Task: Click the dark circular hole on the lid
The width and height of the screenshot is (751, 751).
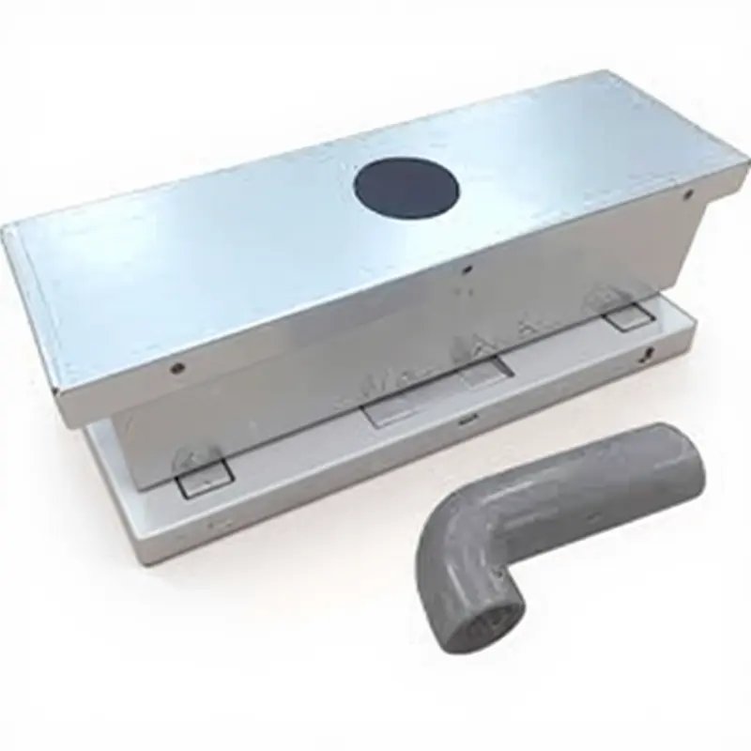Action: click(406, 188)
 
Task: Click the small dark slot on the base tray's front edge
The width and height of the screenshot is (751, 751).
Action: click(466, 421)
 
